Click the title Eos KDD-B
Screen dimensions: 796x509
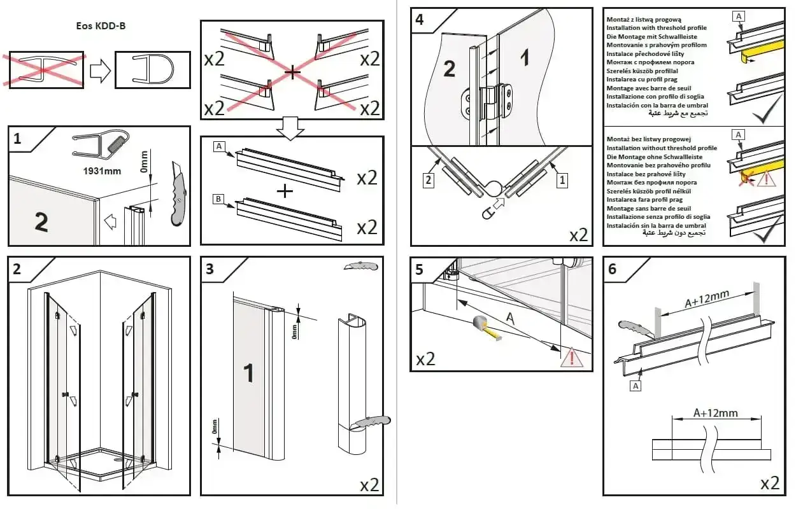tap(101, 26)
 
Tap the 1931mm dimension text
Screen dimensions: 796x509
tap(102, 171)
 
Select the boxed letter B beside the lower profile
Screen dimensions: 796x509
tap(218, 199)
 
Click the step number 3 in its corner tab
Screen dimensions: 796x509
tap(210, 269)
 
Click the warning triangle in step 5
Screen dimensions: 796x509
tap(571, 358)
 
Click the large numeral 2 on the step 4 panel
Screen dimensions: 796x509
tap(449, 69)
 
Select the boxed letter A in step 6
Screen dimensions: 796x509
tap(636, 386)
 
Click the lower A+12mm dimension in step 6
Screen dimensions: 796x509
tap(715, 413)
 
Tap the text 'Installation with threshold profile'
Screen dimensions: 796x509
tap(657, 28)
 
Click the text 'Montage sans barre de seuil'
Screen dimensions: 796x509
tap(648, 208)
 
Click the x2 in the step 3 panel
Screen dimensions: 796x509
tap(369, 485)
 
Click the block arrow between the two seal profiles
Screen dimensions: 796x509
tap(100, 71)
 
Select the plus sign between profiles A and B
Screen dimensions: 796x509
tap(285, 192)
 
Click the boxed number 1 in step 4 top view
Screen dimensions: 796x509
tap(562, 180)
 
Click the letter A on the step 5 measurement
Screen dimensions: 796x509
tap(509, 318)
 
